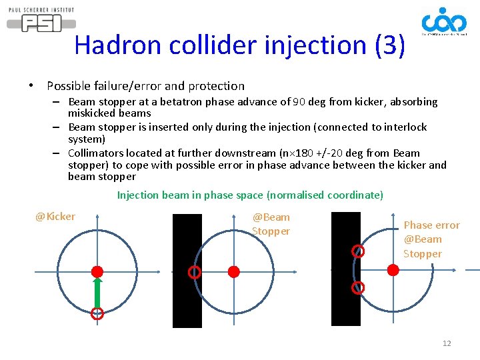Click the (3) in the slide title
389,45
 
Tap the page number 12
447,343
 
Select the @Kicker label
55,217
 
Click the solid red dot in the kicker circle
97,271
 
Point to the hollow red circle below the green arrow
97,313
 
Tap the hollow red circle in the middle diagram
194,272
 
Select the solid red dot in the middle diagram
233,271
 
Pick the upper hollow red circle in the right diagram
359,251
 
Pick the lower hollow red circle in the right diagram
358,288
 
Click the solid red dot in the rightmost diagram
393,269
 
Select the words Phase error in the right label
431,225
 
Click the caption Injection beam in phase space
250,195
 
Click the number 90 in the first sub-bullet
303,102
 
